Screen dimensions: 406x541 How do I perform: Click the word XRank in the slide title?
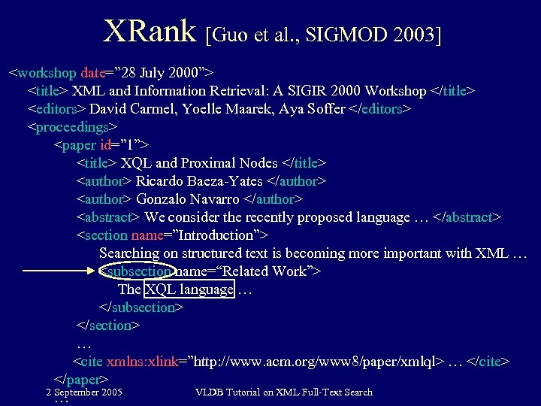151,31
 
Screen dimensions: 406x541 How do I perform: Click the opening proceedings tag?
73,127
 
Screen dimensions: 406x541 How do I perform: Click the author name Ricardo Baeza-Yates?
199,181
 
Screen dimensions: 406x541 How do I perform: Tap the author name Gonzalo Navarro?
188,199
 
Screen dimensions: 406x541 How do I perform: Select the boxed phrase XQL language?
189,289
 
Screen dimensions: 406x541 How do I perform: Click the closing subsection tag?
141,308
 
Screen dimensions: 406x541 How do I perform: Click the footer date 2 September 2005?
84,392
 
